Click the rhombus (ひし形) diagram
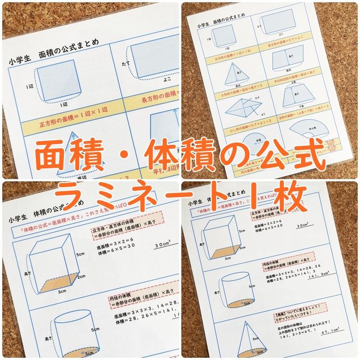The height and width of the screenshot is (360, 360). click(x=243, y=108)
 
